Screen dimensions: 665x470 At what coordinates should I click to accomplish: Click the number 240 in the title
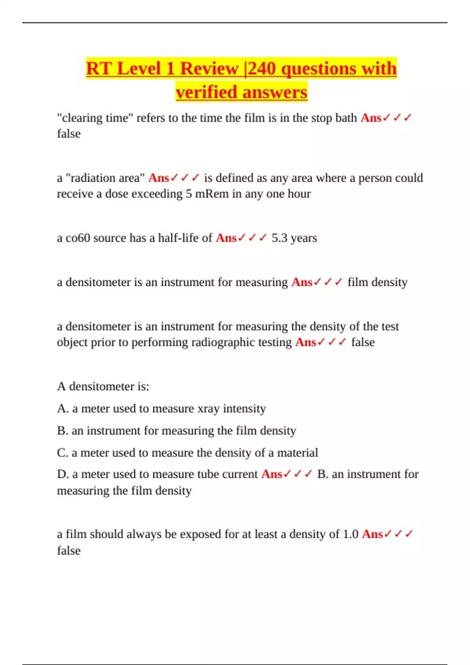[x=263, y=69]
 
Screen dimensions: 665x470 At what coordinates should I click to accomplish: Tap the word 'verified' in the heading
[x=206, y=93]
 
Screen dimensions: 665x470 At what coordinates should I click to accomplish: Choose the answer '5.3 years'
[x=294, y=238]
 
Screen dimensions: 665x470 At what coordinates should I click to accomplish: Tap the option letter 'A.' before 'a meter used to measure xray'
[x=63, y=408]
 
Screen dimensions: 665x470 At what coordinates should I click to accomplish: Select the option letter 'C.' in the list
[x=63, y=453]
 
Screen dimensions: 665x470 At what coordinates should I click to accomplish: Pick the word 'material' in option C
[x=297, y=453]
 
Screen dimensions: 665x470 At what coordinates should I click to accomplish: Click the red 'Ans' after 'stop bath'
[x=371, y=118]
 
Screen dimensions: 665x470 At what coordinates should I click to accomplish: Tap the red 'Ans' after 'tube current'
[x=271, y=474]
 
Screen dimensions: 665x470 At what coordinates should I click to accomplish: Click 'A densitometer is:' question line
[x=103, y=386]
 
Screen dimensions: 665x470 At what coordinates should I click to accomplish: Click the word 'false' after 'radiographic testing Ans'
[x=363, y=342]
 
